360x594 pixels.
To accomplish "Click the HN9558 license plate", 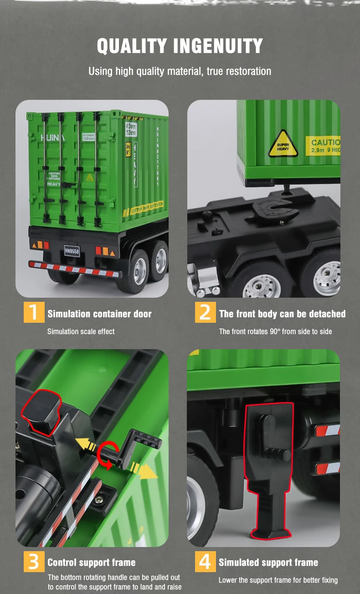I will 72,251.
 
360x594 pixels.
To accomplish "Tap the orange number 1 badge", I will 34,312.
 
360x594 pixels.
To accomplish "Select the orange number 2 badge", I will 205,312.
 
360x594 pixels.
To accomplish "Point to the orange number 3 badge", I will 34,561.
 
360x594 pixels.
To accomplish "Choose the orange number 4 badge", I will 205,561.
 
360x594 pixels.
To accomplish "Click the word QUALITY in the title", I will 131,46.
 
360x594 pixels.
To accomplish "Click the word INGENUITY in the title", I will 218,46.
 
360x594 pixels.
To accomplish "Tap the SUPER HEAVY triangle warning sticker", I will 283,145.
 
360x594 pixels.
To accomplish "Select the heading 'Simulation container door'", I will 99,314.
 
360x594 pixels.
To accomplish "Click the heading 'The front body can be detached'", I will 282,314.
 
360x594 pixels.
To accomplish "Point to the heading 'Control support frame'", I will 92,563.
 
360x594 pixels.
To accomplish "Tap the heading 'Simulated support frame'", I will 268,563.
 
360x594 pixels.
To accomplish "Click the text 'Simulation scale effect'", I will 81,331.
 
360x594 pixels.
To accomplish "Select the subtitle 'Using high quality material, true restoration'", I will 180,71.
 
